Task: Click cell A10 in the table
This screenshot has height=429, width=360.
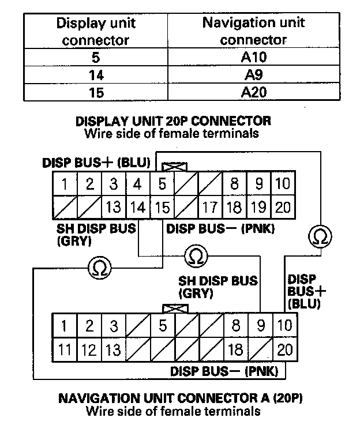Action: (x=254, y=58)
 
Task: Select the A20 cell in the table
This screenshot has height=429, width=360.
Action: (x=254, y=92)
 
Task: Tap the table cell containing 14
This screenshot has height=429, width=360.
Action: (x=95, y=75)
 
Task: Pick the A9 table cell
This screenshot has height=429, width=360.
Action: (x=254, y=75)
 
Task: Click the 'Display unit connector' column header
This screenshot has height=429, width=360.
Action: (x=95, y=32)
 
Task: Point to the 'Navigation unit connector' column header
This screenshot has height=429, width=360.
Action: (x=254, y=32)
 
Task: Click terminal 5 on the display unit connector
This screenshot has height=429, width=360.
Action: (x=163, y=185)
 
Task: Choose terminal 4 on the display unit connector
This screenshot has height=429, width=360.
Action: (x=138, y=185)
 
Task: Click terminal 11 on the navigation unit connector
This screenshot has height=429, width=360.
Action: (x=65, y=349)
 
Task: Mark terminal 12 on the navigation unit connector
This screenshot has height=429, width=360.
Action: (x=89, y=349)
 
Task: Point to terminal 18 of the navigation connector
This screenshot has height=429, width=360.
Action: (x=235, y=349)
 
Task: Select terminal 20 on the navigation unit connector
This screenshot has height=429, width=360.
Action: (x=284, y=349)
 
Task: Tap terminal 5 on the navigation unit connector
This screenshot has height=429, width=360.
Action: (x=163, y=326)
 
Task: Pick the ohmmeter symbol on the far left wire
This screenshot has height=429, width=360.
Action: (x=99, y=267)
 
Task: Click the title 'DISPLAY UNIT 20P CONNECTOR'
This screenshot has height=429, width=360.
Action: (x=173, y=122)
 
